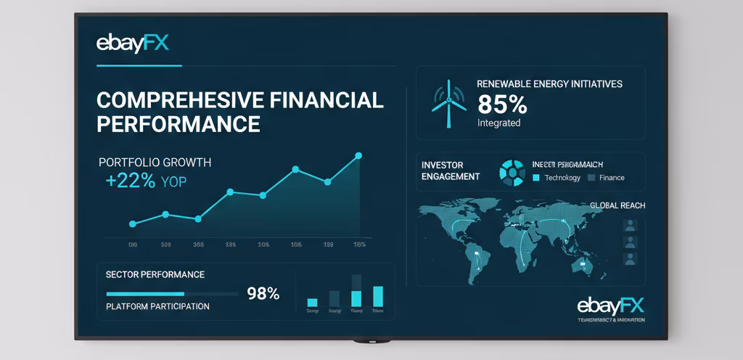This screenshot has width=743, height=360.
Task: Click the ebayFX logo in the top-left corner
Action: tap(132, 44)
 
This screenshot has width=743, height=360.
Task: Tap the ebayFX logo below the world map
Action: tap(610, 305)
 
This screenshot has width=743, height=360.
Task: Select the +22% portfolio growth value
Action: tap(131, 181)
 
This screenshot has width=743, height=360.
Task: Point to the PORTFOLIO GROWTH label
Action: tap(155, 162)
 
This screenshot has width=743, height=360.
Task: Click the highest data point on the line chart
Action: tap(358, 155)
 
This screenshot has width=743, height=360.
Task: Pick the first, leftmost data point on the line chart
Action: tap(132, 224)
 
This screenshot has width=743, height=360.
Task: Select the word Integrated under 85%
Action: tap(498, 123)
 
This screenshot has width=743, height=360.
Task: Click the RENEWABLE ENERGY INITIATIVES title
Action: tap(549, 84)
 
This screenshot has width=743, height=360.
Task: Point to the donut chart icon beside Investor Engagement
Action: tap(512, 171)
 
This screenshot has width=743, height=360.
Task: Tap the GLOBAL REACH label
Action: tap(617, 205)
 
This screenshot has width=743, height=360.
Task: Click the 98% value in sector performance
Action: tap(263, 294)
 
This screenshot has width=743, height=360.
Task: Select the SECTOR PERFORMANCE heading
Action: tap(155, 275)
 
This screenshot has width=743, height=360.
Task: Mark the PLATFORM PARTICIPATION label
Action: tap(157, 306)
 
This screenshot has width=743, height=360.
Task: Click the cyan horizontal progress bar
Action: tap(145, 294)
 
